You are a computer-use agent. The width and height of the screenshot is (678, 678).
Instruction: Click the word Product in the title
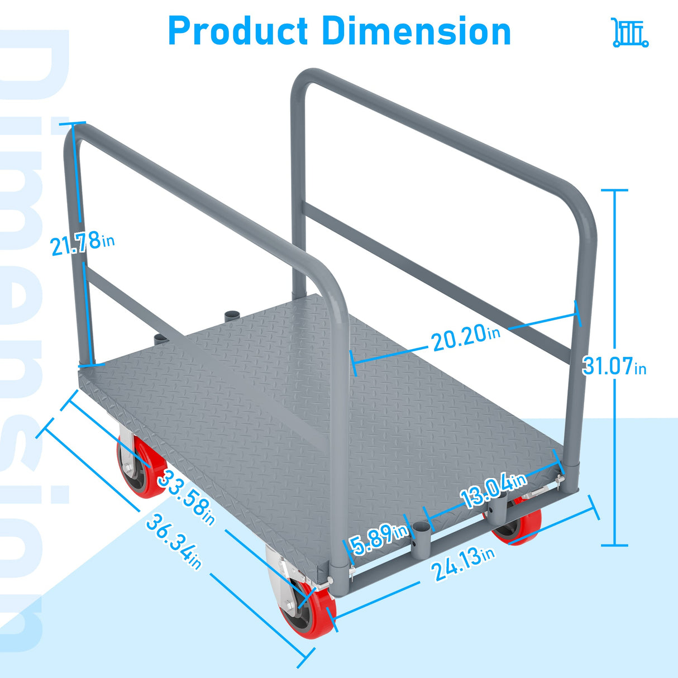pyautogui.click(x=237, y=31)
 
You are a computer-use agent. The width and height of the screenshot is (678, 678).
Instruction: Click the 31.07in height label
pyautogui.click(x=614, y=366)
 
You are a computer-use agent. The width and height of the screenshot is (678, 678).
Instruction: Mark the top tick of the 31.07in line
pyautogui.click(x=614, y=190)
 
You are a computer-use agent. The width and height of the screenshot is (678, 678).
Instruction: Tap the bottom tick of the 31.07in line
pyautogui.click(x=614, y=545)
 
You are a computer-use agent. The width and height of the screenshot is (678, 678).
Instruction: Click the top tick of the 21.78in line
pyautogui.click(x=73, y=123)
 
